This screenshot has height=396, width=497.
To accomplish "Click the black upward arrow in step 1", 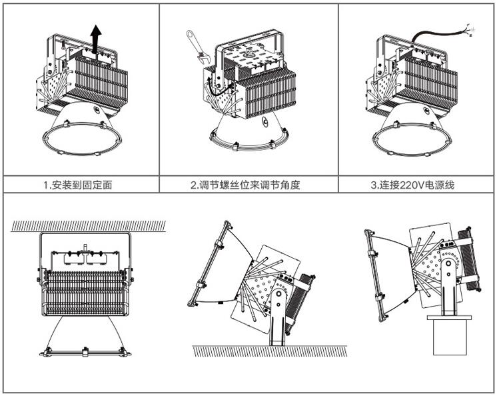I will tap(97, 39).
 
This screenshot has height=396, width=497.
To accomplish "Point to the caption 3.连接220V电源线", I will tap(412, 185).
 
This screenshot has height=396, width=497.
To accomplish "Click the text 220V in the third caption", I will tap(412, 185).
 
